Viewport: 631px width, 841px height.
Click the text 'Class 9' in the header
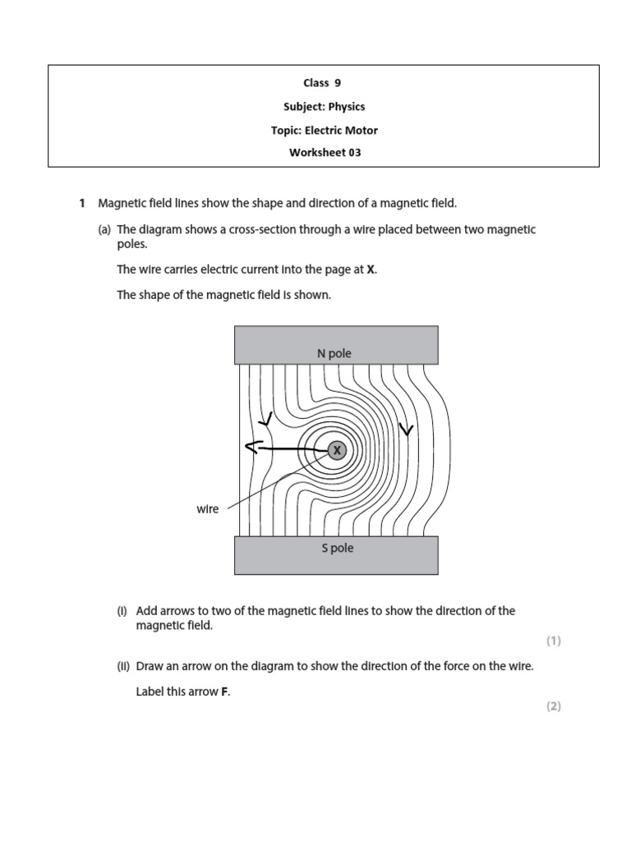(325, 83)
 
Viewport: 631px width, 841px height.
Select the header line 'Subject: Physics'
(325, 106)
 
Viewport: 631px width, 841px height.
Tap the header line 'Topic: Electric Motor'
(325, 130)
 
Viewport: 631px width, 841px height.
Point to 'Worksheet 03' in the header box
(325, 153)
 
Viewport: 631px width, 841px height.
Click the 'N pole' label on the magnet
(334, 354)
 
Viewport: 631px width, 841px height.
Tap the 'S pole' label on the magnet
(337, 548)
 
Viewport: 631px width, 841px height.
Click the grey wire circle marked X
(337, 450)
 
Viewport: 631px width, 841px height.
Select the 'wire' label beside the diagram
(208, 509)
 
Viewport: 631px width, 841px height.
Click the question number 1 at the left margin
(81, 203)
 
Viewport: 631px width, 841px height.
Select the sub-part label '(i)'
(122, 611)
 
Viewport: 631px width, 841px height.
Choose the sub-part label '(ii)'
(123, 667)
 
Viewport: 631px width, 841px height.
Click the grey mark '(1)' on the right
(553, 641)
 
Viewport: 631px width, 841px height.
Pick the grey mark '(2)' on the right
(553, 706)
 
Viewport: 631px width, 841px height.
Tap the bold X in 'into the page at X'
(371, 269)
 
